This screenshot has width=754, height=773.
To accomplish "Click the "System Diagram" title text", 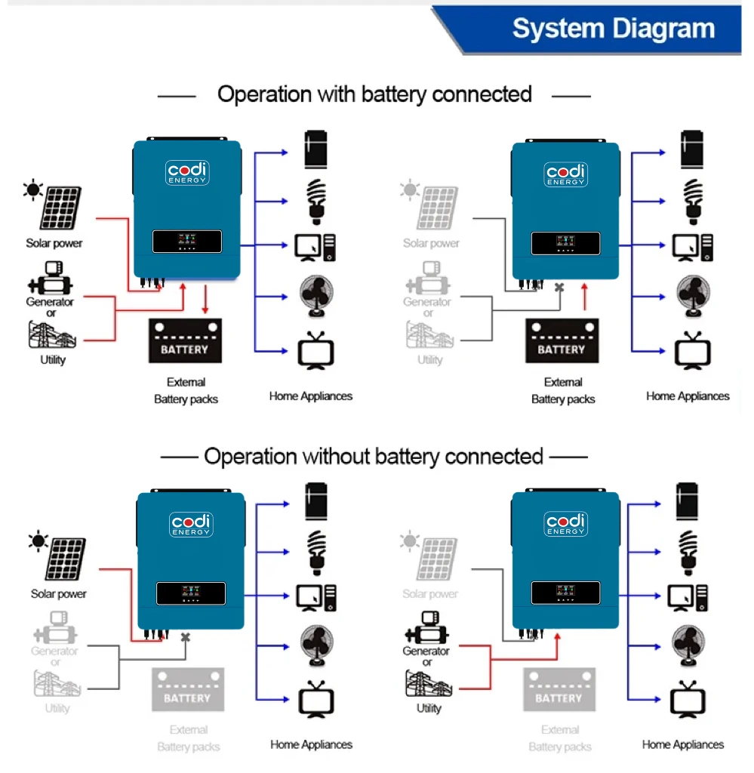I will tap(613, 29).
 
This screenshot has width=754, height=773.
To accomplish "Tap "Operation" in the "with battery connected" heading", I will tap(264, 94).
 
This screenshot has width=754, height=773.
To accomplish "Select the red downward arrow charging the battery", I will tap(205, 300).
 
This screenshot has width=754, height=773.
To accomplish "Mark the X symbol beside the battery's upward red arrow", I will tap(559, 288).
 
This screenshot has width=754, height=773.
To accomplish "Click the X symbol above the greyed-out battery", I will tap(186, 637).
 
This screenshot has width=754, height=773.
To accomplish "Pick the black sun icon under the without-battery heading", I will tap(38, 540).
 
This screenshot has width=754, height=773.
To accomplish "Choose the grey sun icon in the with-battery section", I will tap(411, 189).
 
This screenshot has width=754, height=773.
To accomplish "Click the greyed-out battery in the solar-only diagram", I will tap(188, 689).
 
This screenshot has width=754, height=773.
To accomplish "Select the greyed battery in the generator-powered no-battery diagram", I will tap(559, 689).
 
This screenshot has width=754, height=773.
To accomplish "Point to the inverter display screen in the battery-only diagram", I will tap(565, 243).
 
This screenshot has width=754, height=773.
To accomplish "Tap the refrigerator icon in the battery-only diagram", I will tap(691, 150).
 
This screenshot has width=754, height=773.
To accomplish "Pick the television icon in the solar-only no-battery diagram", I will tap(316, 699).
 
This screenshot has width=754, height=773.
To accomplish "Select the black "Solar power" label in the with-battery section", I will tap(54, 243).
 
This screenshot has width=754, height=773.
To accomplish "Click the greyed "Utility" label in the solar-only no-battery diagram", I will tap(57, 708).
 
